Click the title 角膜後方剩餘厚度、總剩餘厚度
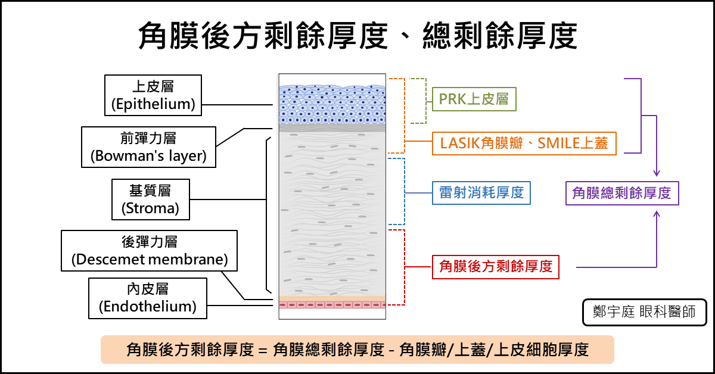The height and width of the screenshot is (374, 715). coord(357,36)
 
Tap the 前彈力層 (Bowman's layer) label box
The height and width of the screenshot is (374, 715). coord(148,147)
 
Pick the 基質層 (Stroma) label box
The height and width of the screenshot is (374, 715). coord(150,200)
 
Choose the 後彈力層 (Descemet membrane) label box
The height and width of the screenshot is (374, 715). coord(150,251)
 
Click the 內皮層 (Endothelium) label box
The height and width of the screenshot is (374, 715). coord(148,298)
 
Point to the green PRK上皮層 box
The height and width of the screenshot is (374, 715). coord(474,99)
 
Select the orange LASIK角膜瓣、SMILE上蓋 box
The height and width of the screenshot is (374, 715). coord(524,144)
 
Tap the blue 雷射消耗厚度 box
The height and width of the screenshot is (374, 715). coord(481,192)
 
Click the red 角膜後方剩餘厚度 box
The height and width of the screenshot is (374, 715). coord(496,266)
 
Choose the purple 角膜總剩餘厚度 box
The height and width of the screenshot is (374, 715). coord(621,192)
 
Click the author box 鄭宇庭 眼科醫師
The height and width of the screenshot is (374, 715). coord(644,312)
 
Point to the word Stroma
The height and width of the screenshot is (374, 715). coord(150,208)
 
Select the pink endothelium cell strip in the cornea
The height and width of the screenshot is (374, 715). coord(332,304)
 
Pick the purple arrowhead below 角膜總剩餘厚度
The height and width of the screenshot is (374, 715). coord(657,213)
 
